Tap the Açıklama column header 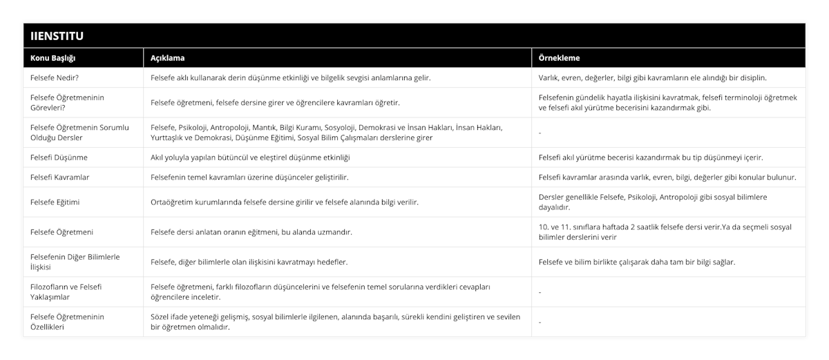(x=167, y=58)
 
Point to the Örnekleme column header (x=559, y=58)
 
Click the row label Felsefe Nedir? (x=59, y=77)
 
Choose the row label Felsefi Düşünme (x=59, y=157)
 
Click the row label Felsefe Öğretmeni (x=59, y=231)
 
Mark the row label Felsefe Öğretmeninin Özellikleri (x=68, y=321)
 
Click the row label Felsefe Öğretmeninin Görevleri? (x=68, y=102)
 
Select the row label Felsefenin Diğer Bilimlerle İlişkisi (x=75, y=262)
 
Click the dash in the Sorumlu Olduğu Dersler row (x=540, y=133)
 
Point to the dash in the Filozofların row (x=540, y=292)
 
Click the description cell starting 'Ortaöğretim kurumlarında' (x=284, y=202)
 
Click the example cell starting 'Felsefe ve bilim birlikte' (x=636, y=262)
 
